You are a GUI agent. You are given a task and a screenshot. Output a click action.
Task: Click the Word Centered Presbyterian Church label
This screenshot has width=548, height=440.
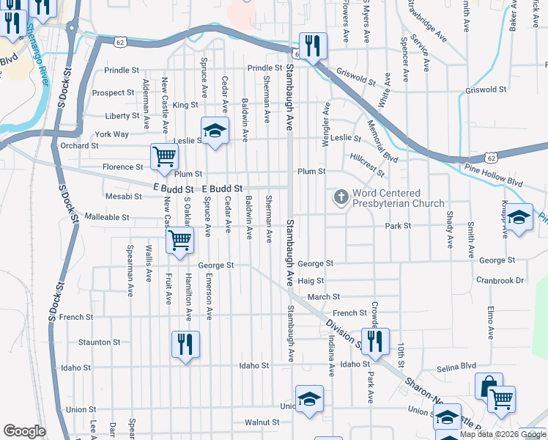click(398, 198)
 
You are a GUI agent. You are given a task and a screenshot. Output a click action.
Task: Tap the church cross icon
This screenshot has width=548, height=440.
click(341, 197)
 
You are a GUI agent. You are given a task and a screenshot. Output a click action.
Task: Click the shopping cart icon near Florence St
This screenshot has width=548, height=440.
click(165, 155)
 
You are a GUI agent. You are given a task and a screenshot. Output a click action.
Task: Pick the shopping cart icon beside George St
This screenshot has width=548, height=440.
click(179, 240)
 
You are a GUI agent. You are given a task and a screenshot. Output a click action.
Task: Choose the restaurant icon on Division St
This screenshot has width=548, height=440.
click(375, 342)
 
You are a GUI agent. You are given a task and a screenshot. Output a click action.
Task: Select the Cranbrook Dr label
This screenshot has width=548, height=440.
click(500, 280)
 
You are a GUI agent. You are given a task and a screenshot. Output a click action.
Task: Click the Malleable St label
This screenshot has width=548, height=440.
click(107, 217)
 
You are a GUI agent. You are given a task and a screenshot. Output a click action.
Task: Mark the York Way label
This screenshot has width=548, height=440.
click(111, 134)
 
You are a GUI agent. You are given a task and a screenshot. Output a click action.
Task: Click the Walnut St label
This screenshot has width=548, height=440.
click(262, 422)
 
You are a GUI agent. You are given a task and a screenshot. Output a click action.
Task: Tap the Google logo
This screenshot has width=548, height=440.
click(24, 430)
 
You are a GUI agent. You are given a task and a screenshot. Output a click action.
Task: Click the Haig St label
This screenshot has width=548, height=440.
click(311, 280)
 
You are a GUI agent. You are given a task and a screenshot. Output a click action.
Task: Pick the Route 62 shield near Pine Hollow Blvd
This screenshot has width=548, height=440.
click(490, 157)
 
